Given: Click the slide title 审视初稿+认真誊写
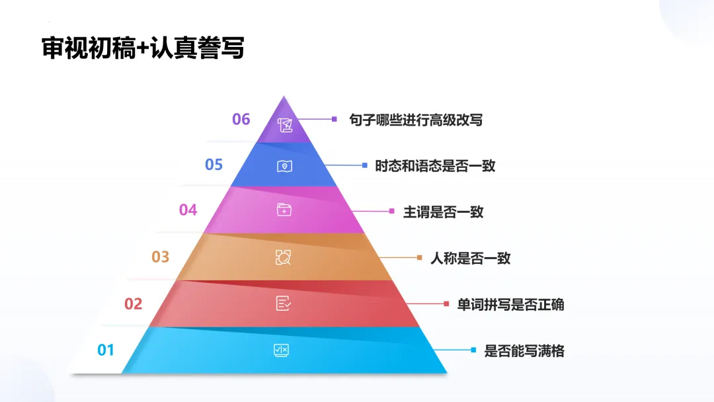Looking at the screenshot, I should pos(143,49).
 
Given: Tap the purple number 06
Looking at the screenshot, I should pos(241,119).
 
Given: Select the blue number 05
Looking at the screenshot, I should pos(214,164).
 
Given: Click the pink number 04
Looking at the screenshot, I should pos(188,210).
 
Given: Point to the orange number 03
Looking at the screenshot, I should pos(161,257).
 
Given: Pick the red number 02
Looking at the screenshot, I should pos(134,303).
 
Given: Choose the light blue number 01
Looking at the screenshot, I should pos(106,350).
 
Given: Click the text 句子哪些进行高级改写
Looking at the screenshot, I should pos(416,120).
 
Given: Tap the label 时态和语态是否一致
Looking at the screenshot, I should pos(435,165).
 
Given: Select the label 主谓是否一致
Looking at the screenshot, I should pos(443,212).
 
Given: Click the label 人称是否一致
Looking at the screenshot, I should pos(470,258).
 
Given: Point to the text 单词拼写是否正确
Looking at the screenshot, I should pos(510,304).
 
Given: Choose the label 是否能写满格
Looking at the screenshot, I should pos(524,350).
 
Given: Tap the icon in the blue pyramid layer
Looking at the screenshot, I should pos(284,166).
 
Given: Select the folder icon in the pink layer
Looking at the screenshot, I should pos(284,210).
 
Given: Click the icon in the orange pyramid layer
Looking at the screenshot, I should pos(283,257).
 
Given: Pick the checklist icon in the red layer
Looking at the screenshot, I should pos(283,303).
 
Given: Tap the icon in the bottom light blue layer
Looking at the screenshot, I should pos(281,350).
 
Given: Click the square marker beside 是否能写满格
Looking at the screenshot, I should pos(473,350).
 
